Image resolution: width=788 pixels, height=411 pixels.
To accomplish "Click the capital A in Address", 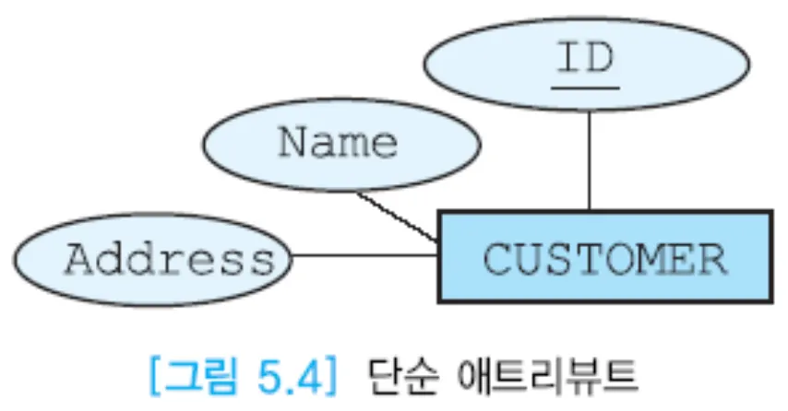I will click(x=80, y=260).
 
